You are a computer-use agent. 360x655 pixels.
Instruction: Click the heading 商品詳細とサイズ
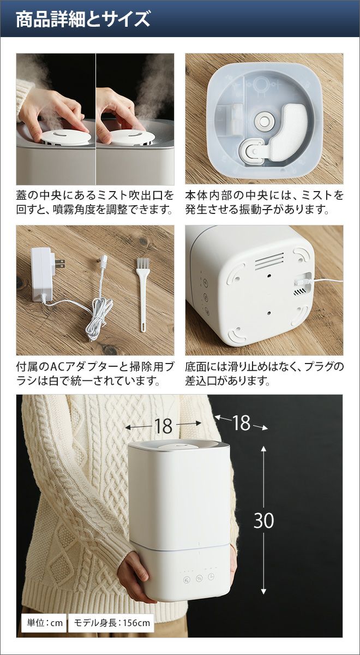(83, 20)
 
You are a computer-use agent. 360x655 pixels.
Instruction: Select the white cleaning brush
(142, 294)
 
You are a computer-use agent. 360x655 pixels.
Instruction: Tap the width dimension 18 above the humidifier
(163, 426)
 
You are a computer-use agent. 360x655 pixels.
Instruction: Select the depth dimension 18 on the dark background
(241, 423)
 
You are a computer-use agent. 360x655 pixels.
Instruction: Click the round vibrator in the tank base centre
(263, 121)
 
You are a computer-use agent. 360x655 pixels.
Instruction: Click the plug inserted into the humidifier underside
(303, 282)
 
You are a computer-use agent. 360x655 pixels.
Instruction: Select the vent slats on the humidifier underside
(269, 260)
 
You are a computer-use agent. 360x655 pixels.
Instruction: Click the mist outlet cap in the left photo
(64, 137)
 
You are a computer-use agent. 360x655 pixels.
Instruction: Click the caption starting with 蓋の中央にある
(95, 202)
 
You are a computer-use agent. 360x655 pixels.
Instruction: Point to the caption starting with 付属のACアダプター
(95, 373)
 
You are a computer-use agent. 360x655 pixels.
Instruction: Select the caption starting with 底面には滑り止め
(264, 373)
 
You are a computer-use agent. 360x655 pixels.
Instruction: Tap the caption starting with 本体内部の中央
(264, 202)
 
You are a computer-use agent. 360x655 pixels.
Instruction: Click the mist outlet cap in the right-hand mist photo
(133, 138)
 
